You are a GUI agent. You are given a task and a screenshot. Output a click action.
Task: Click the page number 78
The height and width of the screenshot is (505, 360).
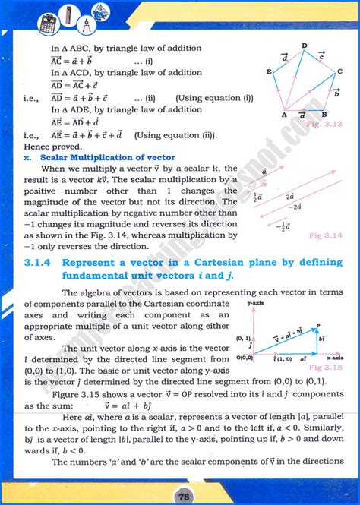181,494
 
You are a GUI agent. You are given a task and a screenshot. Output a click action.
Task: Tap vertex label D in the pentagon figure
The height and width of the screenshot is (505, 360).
304,46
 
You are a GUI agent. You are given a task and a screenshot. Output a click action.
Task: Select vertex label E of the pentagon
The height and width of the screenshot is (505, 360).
269,71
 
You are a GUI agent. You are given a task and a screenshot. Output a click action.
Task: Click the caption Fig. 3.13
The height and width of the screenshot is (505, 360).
328,123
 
